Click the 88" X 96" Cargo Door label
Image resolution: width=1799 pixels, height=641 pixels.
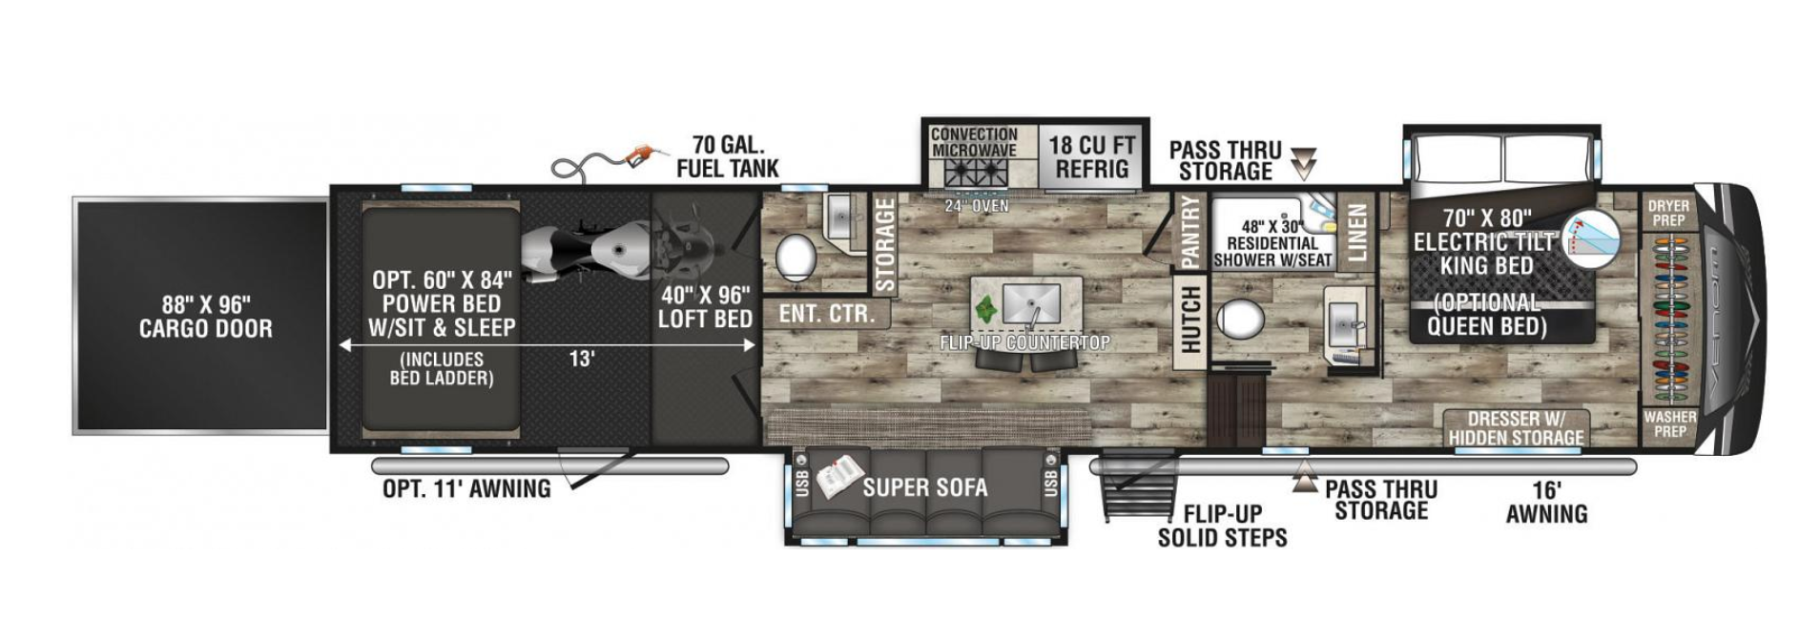(x=205, y=317)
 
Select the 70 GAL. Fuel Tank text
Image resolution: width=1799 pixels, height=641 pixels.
(x=728, y=157)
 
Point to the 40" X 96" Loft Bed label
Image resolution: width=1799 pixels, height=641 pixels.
(x=705, y=307)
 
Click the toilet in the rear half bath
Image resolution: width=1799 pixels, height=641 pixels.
(x=796, y=256)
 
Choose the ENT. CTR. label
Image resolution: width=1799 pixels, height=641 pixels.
(x=826, y=314)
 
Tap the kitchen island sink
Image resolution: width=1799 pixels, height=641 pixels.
(x=1031, y=302)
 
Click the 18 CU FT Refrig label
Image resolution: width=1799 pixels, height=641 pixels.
(x=1092, y=157)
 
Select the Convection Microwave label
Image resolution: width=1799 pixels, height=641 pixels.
(x=974, y=142)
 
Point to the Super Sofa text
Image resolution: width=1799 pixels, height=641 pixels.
(x=924, y=487)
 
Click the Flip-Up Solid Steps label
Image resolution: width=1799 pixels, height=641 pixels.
(x=1222, y=526)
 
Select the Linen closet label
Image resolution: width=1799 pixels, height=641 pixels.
(x=1356, y=232)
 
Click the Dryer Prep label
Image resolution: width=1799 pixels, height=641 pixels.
(x=1668, y=213)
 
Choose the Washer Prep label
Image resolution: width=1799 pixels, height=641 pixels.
(x=1669, y=424)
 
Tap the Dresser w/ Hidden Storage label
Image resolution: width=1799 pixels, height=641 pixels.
(x=1516, y=428)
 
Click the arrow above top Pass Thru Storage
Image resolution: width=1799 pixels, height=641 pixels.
(x=1303, y=163)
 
